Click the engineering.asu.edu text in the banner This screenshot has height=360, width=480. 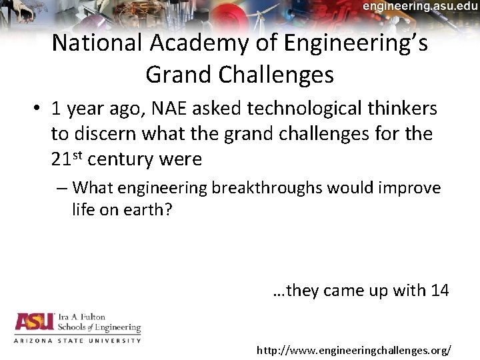click(420, 6)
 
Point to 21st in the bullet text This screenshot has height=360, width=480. click(67, 159)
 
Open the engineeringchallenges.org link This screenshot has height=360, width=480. click(354, 349)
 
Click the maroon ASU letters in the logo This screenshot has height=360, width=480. click(34, 323)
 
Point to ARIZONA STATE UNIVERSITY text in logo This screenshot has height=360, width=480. click(77, 340)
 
